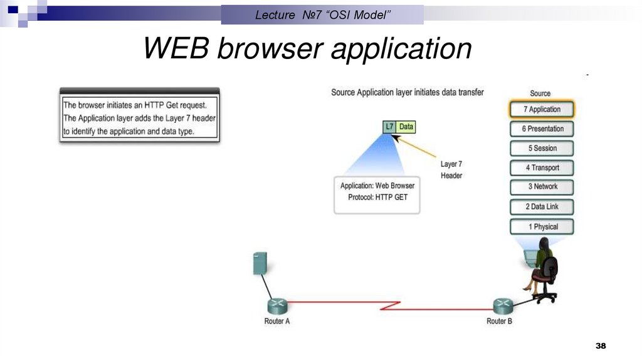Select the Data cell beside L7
coord(406,127)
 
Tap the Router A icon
coord(277,305)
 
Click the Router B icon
coord(502,305)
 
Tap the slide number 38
coord(601,346)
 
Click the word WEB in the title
coord(177,49)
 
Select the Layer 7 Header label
coord(451,170)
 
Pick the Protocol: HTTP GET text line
coord(377,197)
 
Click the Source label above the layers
coord(540,93)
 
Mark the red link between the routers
coord(389,305)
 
